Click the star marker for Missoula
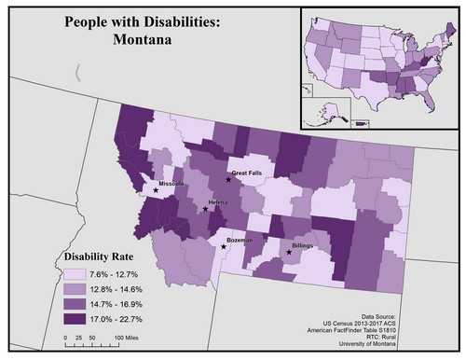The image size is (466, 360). [156, 189]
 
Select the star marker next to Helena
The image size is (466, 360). [205, 209]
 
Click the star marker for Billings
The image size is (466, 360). [288, 252]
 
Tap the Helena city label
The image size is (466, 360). [221, 202]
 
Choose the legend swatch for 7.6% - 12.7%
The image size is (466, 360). [73, 274]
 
